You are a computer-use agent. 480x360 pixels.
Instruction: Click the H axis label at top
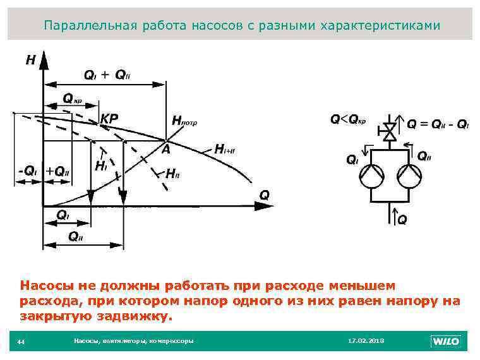pyautogui.click(x=30, y=61)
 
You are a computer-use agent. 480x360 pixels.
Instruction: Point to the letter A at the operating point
pyautogui.click(x=165, y=150)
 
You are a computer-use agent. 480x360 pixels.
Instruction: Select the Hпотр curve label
pyautogui.click(x=184, y=121)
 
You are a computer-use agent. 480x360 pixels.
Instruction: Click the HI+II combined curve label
pyautogui.click(x=225, y=150)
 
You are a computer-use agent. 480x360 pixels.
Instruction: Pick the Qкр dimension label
pyautogui.click(x=72, y=99)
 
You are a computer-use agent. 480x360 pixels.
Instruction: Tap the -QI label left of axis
pyautogui.click(x=27, y=171)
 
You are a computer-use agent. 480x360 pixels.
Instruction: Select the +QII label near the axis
pyautogui.click(x=57, y=171)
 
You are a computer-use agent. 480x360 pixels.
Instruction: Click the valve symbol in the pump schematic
pyautogui.click(x=390, y=132)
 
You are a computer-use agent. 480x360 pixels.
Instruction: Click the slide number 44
pyautogui.click(x=21, y=342)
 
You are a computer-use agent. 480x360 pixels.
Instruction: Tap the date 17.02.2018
pyautogui.click(x=366, y=341)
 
